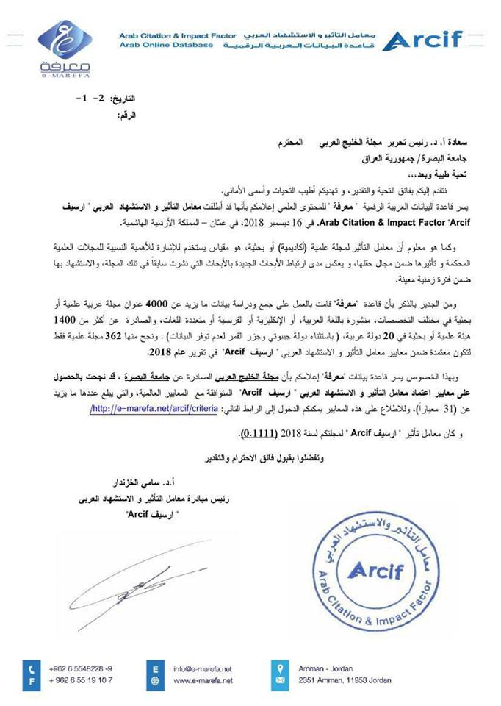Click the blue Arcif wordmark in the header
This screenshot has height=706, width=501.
point(422,40)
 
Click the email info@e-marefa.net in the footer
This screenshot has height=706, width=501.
point(203,668)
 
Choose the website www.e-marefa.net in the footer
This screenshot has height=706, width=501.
point(203,680)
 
